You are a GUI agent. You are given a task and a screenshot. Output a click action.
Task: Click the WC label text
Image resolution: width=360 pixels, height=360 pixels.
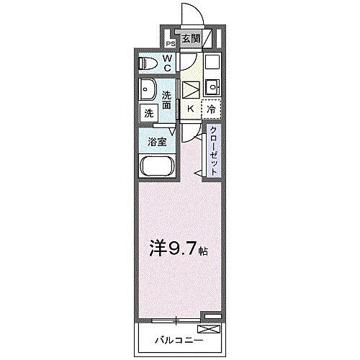click(166, 63)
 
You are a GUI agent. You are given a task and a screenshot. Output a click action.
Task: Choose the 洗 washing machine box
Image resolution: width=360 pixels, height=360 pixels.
click(148, 112)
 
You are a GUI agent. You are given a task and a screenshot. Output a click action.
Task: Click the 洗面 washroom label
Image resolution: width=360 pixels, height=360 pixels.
click(167, 100)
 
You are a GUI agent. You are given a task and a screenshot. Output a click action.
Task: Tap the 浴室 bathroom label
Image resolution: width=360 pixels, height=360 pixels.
click(158, 142)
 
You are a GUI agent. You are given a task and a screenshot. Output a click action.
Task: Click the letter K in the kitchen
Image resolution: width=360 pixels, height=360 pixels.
click(190, 109)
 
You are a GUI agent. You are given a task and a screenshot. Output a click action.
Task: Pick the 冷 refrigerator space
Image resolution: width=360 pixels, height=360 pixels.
click(211, 109)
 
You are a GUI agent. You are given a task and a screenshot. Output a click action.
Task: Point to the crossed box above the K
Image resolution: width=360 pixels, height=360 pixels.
click(190, 90)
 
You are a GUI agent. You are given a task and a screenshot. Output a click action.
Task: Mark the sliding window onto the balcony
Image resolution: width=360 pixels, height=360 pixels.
click(176, 318)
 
